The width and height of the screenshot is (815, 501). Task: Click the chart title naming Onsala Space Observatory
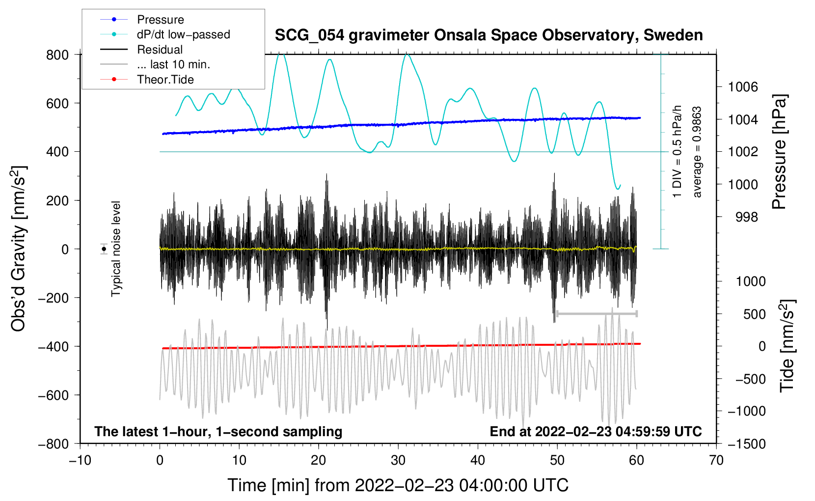(489, 35)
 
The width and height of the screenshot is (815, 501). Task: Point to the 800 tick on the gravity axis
(57, 55)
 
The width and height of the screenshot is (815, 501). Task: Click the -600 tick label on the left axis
(53, 395)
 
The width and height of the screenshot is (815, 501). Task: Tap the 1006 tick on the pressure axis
(743, 87)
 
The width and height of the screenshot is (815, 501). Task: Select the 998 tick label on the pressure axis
(747, 217)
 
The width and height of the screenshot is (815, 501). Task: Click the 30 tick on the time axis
(398, 461)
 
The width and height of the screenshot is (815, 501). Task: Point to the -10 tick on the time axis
(80, 461)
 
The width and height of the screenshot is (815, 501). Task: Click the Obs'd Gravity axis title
(18, 249)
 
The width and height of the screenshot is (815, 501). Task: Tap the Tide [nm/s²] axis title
(788, 346)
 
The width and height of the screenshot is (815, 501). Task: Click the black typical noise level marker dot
(104, 249)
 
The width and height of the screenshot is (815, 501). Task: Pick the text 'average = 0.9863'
(696, 152)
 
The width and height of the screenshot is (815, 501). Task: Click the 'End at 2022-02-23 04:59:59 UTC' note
(596, 431)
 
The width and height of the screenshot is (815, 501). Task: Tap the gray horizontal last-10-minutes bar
(597, 314)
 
